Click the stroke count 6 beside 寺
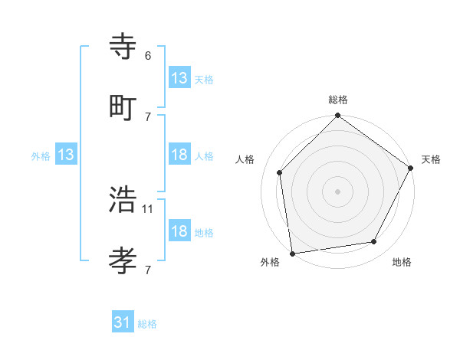(148, 56)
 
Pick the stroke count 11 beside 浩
(149, 208)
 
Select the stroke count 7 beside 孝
(148, 269)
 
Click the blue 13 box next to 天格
(179, 78)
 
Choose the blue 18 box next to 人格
(179, 155)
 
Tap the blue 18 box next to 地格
(179, 231)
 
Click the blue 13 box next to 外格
(65, 155)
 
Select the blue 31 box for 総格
(123, 322)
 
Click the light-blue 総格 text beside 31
(147, 324)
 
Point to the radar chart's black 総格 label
(338, 100)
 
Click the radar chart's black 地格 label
(402, 263)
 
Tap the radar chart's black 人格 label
(245, 159)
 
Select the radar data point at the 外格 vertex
(292, 252)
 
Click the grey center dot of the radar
(337, 191)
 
